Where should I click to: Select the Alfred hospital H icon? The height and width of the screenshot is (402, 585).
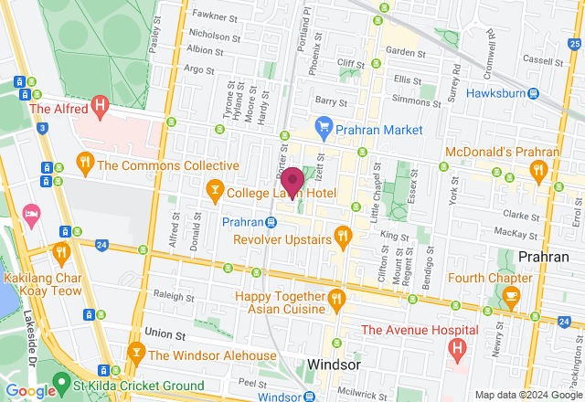pyautogui.click(x=101, y=108)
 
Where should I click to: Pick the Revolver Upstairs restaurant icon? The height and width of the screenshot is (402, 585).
pyautogui.click(x=343, y=238)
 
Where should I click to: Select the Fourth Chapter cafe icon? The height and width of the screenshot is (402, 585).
pyautogui.click(x=511, y=295)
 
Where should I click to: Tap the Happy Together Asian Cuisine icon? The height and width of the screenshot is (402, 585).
pyautogui.click(x=336, y=298)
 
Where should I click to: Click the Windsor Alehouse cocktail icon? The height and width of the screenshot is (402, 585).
pyautogui.click(x=136, y=354)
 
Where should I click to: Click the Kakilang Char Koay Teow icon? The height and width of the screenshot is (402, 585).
pyautogui.click(x=61, y=251)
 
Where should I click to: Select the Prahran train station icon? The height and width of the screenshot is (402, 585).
pyautogui.click(x=271, y=222)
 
